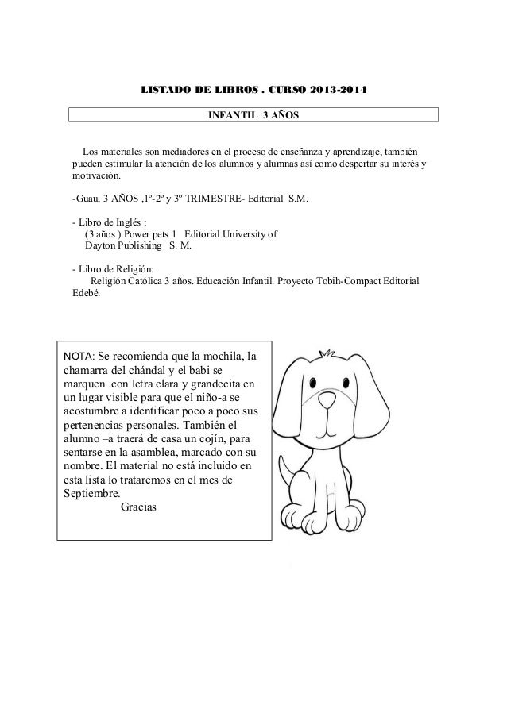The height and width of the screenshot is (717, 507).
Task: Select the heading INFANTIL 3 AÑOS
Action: tap(253, 116)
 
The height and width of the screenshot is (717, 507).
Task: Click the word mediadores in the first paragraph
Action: tap(185, 152)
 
